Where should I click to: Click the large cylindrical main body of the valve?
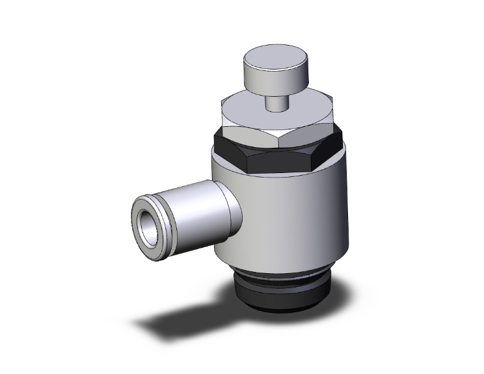293,215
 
